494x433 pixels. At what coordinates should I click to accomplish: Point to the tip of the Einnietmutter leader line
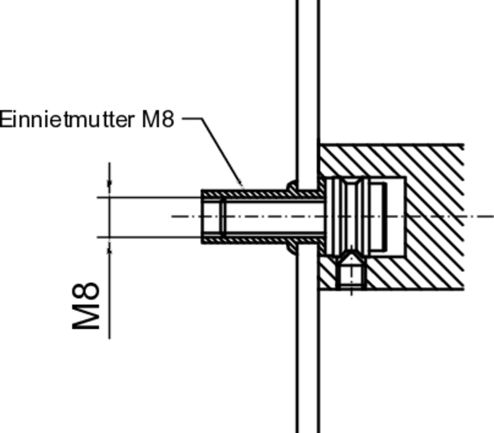click(x=243, y=186)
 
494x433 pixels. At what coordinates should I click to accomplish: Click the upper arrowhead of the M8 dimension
click(x=109, y=183)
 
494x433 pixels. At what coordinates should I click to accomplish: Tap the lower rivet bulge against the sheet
click(x=291, y=248)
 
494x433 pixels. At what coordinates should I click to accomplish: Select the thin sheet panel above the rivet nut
click(x=308, y=93)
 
